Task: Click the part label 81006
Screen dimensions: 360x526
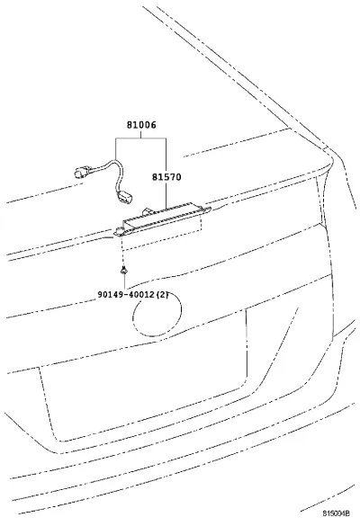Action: click(x=141, y=125)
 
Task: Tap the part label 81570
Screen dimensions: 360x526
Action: click(x=166, y=177)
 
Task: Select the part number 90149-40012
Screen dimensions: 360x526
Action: click(x=126, y=295)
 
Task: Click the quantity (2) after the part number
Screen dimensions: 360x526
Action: click(x=162, y=295)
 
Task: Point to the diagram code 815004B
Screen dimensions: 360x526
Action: click(x=337, y=513)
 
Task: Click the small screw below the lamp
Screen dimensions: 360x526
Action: click(x=124, y=270)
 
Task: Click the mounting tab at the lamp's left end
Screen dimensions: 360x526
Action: click(x=119, y=231)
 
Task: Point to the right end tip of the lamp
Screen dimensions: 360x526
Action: click(x=211, y=209)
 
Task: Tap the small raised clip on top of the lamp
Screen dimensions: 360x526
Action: click(x=148, y=211)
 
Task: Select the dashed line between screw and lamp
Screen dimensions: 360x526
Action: click(x=124, y=250)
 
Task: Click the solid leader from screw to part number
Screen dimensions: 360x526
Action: click(x=125, y=281)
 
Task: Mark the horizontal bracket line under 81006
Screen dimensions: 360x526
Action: click(x=140, y=138)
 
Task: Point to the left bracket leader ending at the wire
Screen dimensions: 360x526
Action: click(x=116, y=148)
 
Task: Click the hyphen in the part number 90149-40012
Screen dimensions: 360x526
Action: click(x=126, y=295)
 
